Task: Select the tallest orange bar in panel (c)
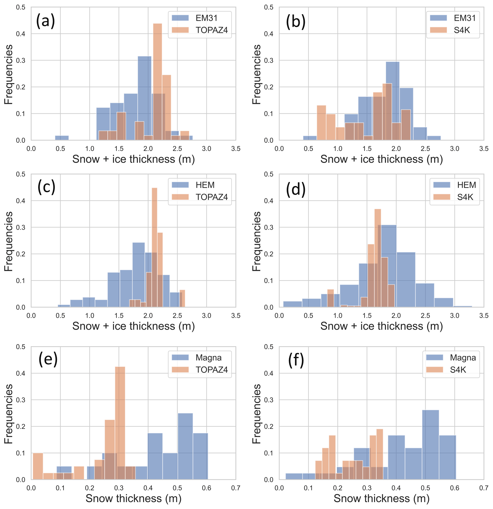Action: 154,247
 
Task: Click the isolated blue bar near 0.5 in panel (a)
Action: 62,138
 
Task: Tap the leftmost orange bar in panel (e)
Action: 38,466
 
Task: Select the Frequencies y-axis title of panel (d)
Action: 257,241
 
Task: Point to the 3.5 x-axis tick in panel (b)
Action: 484,149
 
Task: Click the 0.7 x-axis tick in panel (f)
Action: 484,488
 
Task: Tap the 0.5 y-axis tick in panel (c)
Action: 21,174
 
